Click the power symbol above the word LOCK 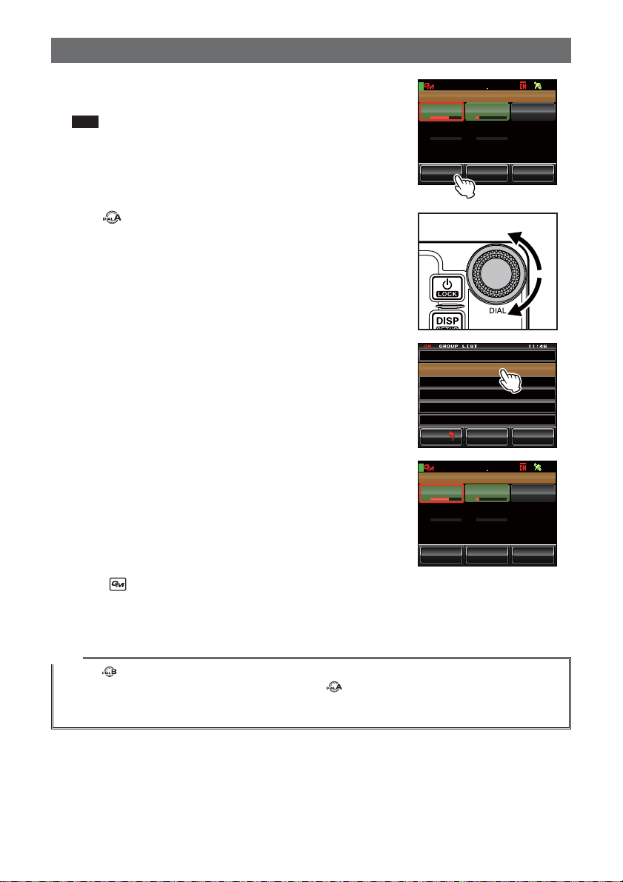(x=447, y=284)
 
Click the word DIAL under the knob (x=498, y=310)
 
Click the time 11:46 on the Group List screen (x=538, y=347)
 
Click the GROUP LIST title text (x=458, y=347)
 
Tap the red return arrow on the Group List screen (x=451, y=436)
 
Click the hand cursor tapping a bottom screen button (x=464, y=186)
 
